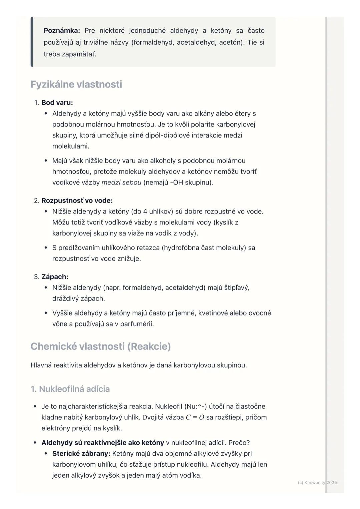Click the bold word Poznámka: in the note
pos(62,31)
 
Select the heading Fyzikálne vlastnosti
pos(76,84)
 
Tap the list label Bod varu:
pos(57,103)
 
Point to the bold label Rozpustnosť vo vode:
pos(77,201)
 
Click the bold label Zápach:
pos(55,277)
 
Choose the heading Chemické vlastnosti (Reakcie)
pos(100,346)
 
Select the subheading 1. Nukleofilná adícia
pos(70,389)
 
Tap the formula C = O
pos(195,417)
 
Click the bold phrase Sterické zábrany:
pos(81,454)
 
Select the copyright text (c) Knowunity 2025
pos(317,482)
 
